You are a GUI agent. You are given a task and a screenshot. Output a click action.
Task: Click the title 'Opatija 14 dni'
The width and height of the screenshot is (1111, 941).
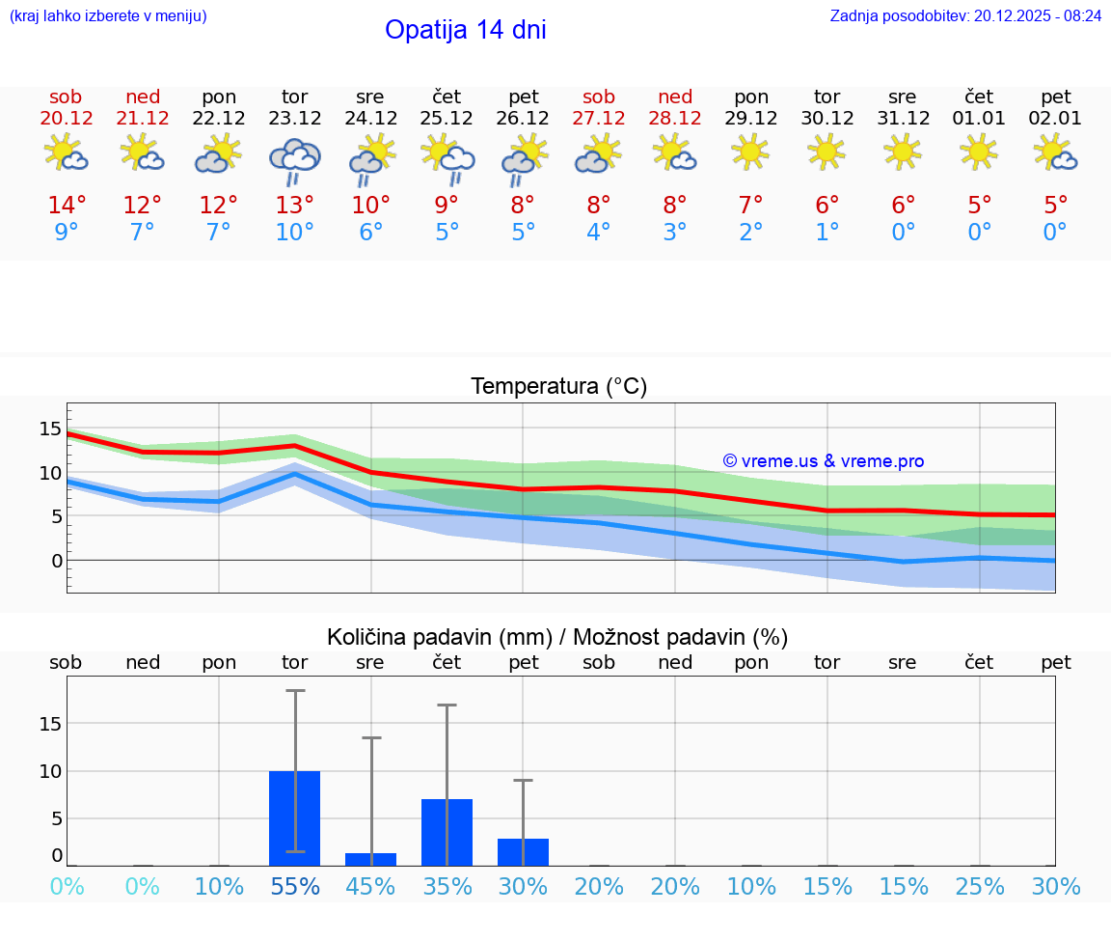465,30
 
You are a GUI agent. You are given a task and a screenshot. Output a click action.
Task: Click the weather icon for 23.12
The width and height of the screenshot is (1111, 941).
294,159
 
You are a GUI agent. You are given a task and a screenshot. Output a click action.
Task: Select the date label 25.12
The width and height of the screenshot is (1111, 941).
447,119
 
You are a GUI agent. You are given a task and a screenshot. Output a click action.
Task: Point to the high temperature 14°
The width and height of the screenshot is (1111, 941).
67,205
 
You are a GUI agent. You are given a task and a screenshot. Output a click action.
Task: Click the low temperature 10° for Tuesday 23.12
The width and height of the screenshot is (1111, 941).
294,233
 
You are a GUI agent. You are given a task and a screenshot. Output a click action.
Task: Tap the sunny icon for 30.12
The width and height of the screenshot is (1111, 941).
826,152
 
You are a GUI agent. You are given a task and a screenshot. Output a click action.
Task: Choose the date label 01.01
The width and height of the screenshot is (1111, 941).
979,119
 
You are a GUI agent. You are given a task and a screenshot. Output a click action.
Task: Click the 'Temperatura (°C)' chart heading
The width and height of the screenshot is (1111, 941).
558,387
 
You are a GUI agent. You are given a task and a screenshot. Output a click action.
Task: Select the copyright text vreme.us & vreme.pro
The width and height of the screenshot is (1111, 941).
823,461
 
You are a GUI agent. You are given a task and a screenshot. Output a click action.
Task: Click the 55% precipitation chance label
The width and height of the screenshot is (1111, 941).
294,887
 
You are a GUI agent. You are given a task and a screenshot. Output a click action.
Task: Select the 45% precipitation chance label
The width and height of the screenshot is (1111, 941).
370,887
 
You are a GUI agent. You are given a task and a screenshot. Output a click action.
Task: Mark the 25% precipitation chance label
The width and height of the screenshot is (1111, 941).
979,887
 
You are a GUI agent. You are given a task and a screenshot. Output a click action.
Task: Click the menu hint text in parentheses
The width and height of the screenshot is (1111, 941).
107,15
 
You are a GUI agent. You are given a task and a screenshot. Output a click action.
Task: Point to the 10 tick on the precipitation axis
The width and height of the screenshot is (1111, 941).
51,771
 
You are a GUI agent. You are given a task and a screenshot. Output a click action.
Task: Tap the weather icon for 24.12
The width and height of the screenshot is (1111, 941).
370,159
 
